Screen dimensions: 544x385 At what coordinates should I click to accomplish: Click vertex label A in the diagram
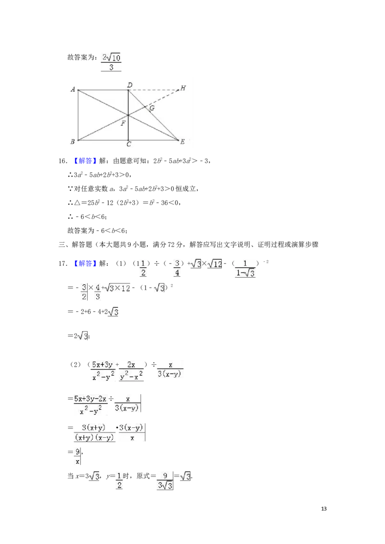[72, 89]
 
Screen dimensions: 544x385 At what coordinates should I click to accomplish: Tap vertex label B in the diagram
[72, 141]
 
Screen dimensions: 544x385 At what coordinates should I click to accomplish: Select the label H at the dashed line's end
[183, 88]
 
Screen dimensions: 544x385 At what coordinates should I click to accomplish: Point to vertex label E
[182, 142]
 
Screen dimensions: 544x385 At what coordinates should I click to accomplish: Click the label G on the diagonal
[152, 108]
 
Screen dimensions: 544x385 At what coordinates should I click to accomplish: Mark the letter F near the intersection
[123, 123]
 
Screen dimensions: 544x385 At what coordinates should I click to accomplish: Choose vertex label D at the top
[129, 85]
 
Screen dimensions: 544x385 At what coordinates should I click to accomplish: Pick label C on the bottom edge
[128, 144]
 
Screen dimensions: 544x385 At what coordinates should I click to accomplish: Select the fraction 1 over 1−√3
[246, 269]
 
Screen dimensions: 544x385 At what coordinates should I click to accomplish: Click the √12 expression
[214, 264]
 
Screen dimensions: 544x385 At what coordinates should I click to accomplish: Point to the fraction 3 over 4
[177, 268]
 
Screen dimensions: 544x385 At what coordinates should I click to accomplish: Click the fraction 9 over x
[77, 456]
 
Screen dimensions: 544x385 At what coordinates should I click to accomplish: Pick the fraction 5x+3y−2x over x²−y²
[91, 404]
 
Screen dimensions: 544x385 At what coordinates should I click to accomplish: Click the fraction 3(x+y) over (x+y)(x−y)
[94, 433]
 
